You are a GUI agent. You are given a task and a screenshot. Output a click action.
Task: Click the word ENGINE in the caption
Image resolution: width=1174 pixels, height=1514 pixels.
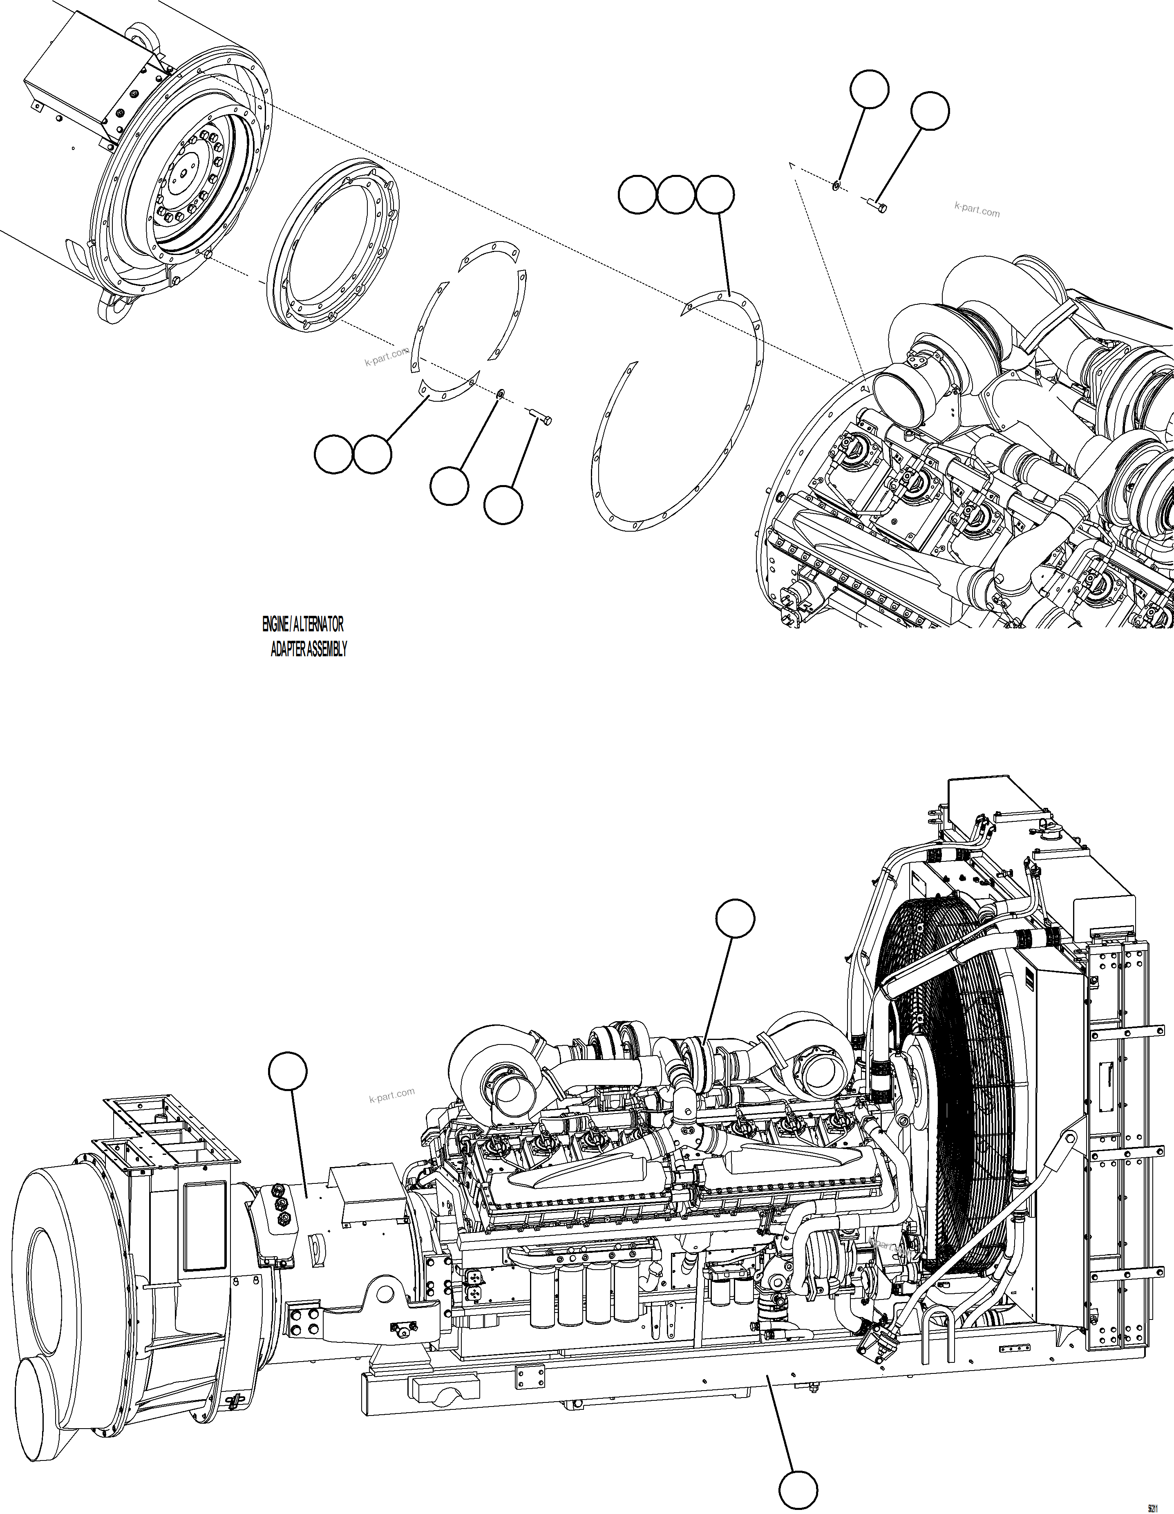(x=275, y=624)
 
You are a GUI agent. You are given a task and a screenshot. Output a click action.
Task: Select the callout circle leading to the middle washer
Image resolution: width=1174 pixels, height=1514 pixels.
(x=448, y=486)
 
